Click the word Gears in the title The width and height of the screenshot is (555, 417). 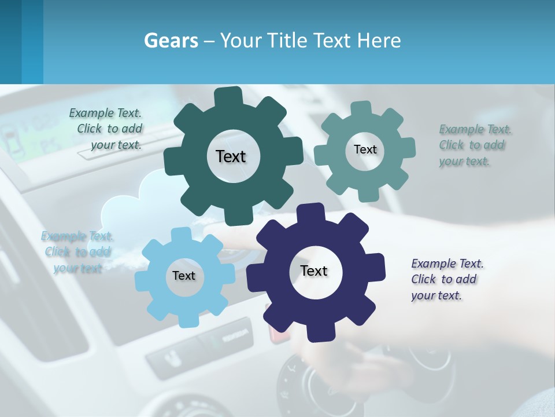point(171,41)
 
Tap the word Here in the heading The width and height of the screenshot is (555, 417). point(379,41)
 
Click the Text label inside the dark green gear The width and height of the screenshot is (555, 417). point(231,156)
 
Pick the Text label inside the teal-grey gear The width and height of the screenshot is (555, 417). point(365,149)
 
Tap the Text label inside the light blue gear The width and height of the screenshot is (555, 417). point(184,276)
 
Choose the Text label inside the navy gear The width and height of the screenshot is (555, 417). point(314,270)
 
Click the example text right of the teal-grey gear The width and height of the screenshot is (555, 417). point(473,145)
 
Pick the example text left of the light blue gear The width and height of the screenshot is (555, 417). point(77,252)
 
